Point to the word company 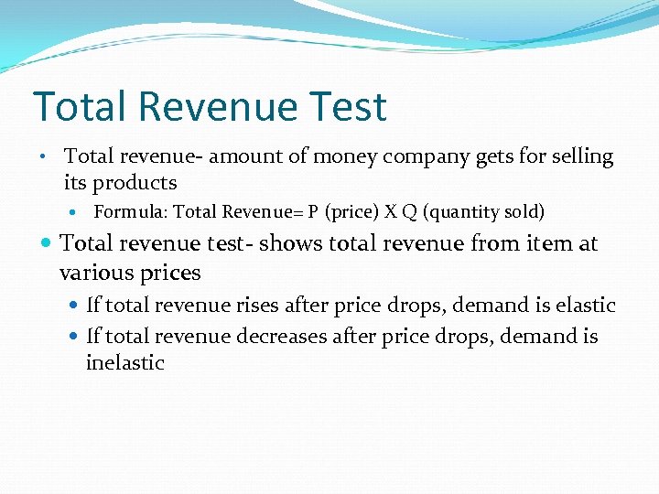tap(427, 157)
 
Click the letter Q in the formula tap(408, 212)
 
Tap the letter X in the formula tap(390, 212)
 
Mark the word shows tap(293, 243)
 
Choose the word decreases tap(281, 337)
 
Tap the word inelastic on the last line tap(125, 363)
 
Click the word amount tap(247, 156)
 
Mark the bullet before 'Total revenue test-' tap(48, 243)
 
